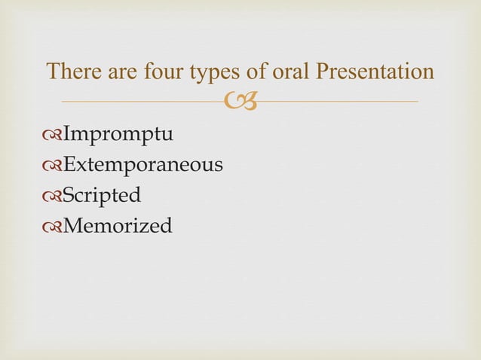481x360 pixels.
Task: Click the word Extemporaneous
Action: coord(142,164)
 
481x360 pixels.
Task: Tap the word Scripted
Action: coord(101,195)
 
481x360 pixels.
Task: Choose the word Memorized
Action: coord(117,224)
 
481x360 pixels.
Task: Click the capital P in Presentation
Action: coord(323,72)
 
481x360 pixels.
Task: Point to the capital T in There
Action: coord(54,72)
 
